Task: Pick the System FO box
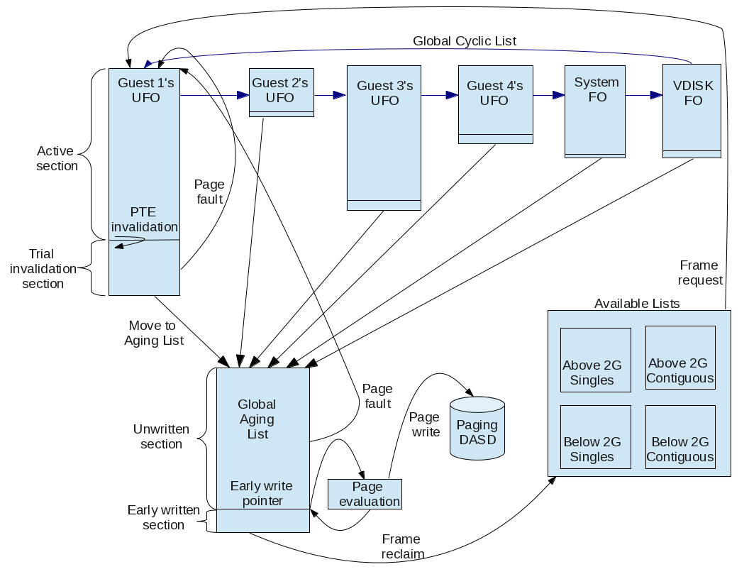tap(594, 110)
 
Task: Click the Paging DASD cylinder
tap(477, 432)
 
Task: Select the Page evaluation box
tap(365, 494)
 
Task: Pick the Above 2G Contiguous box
tap(680, 358)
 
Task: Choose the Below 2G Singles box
tap(595, 437)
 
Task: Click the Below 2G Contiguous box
tap(680, 437)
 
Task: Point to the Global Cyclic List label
tap(465, 41)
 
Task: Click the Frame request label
tap(699, 272)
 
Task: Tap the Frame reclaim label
tap(401, 546)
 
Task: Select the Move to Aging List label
tap(153, 333)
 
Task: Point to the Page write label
tap(424, 424)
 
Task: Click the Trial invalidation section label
tap(43, 269)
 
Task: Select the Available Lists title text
tap(637, 304)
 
